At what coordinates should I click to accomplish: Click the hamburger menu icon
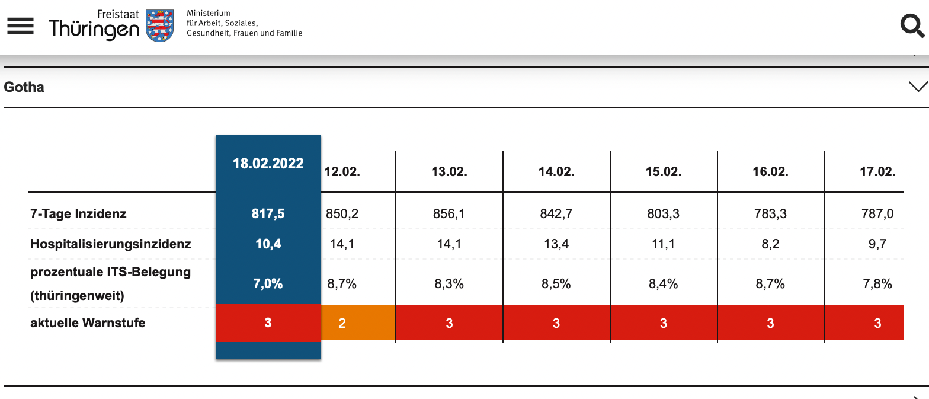(20, 26)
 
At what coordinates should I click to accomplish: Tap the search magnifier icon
(912, 25)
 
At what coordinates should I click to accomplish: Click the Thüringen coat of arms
(160, 25)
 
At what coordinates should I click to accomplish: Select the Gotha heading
(24, 87)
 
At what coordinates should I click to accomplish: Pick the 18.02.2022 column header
(268, 164)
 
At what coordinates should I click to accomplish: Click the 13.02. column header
(449, 172)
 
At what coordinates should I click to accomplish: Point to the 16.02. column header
(771, 172)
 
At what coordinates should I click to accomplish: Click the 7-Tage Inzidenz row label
(78, 214)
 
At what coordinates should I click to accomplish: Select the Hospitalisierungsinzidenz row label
(111, 244)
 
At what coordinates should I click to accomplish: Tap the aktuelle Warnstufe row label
(88, 323)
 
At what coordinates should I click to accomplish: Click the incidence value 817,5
(268, 214)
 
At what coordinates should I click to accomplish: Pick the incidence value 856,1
(449, 214)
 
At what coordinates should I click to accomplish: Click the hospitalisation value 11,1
(663, 244)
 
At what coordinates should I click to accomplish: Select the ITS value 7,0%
(268, 284)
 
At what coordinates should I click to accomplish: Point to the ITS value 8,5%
(556, 284)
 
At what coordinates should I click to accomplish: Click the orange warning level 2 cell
(358, 323)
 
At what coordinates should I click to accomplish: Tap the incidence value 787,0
(877, 214)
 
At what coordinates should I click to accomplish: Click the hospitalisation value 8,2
(771, 244)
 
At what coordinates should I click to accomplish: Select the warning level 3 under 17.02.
(877, 324)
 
